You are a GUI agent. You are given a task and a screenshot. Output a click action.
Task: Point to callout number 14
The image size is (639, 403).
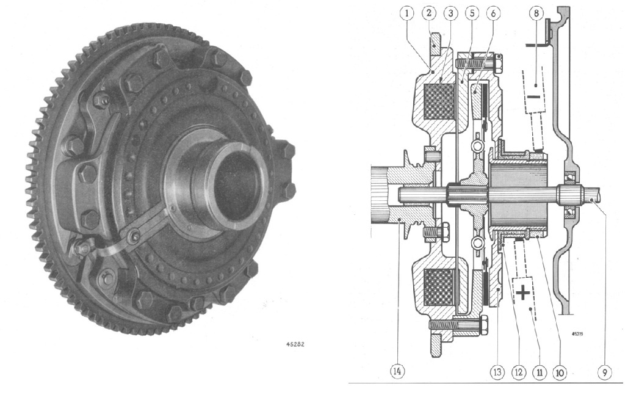(x=397, y=371)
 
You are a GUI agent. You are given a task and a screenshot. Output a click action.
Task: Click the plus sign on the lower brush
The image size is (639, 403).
(x=523, y=293)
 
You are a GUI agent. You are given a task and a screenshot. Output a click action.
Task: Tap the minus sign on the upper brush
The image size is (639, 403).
(x=533, y=97)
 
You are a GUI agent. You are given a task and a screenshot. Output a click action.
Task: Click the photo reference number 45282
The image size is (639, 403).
(x=296, y=344)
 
